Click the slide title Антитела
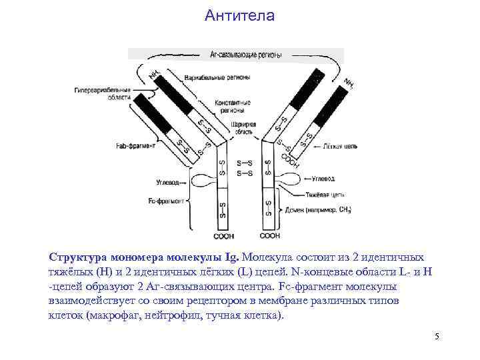point(239,15)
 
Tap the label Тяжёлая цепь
point(325,194)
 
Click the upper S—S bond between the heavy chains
point(245,163)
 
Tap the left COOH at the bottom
point(223,237)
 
